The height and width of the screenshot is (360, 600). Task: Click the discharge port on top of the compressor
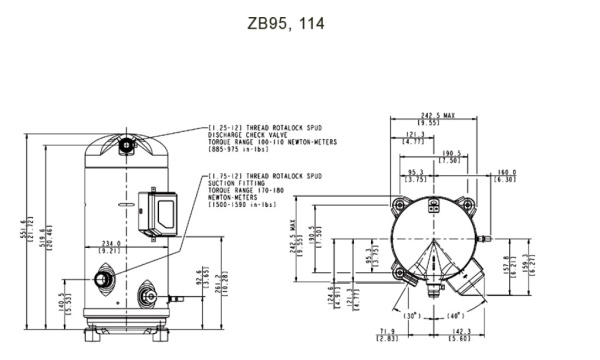(127, 145)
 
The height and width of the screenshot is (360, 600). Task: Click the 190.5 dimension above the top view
(453, 155)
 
